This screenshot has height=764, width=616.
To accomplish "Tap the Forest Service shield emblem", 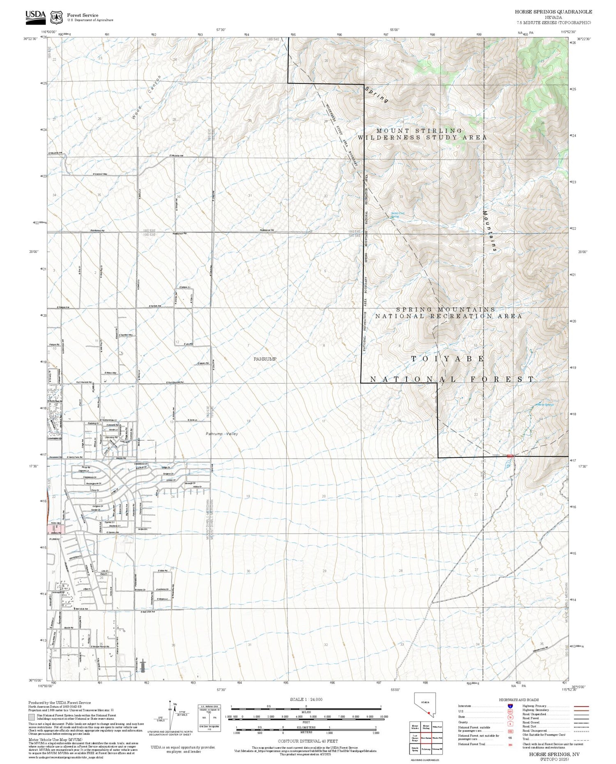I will click(x=56, y=17).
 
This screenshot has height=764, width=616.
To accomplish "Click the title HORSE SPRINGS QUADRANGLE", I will click(x=553, y=12).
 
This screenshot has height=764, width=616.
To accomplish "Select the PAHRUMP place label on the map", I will click(x=265, y=359).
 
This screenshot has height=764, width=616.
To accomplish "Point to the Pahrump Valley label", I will click(x=222, y=434).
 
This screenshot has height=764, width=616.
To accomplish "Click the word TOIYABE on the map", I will click(x=448, y=359).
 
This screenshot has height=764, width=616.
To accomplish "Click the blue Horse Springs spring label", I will click(x=545, y=405).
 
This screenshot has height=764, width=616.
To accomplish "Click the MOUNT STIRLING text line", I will click(x=419, y=130).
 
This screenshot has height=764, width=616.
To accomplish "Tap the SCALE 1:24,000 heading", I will click(x=306, y=699).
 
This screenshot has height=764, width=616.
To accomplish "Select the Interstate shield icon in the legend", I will click(x=510, y=706).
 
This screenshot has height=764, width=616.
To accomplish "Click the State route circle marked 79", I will click(x=510, y=717).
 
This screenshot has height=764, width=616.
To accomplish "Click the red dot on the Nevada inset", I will click(x=428, y=713).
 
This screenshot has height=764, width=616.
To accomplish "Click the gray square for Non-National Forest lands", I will click(x=32, y=717).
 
